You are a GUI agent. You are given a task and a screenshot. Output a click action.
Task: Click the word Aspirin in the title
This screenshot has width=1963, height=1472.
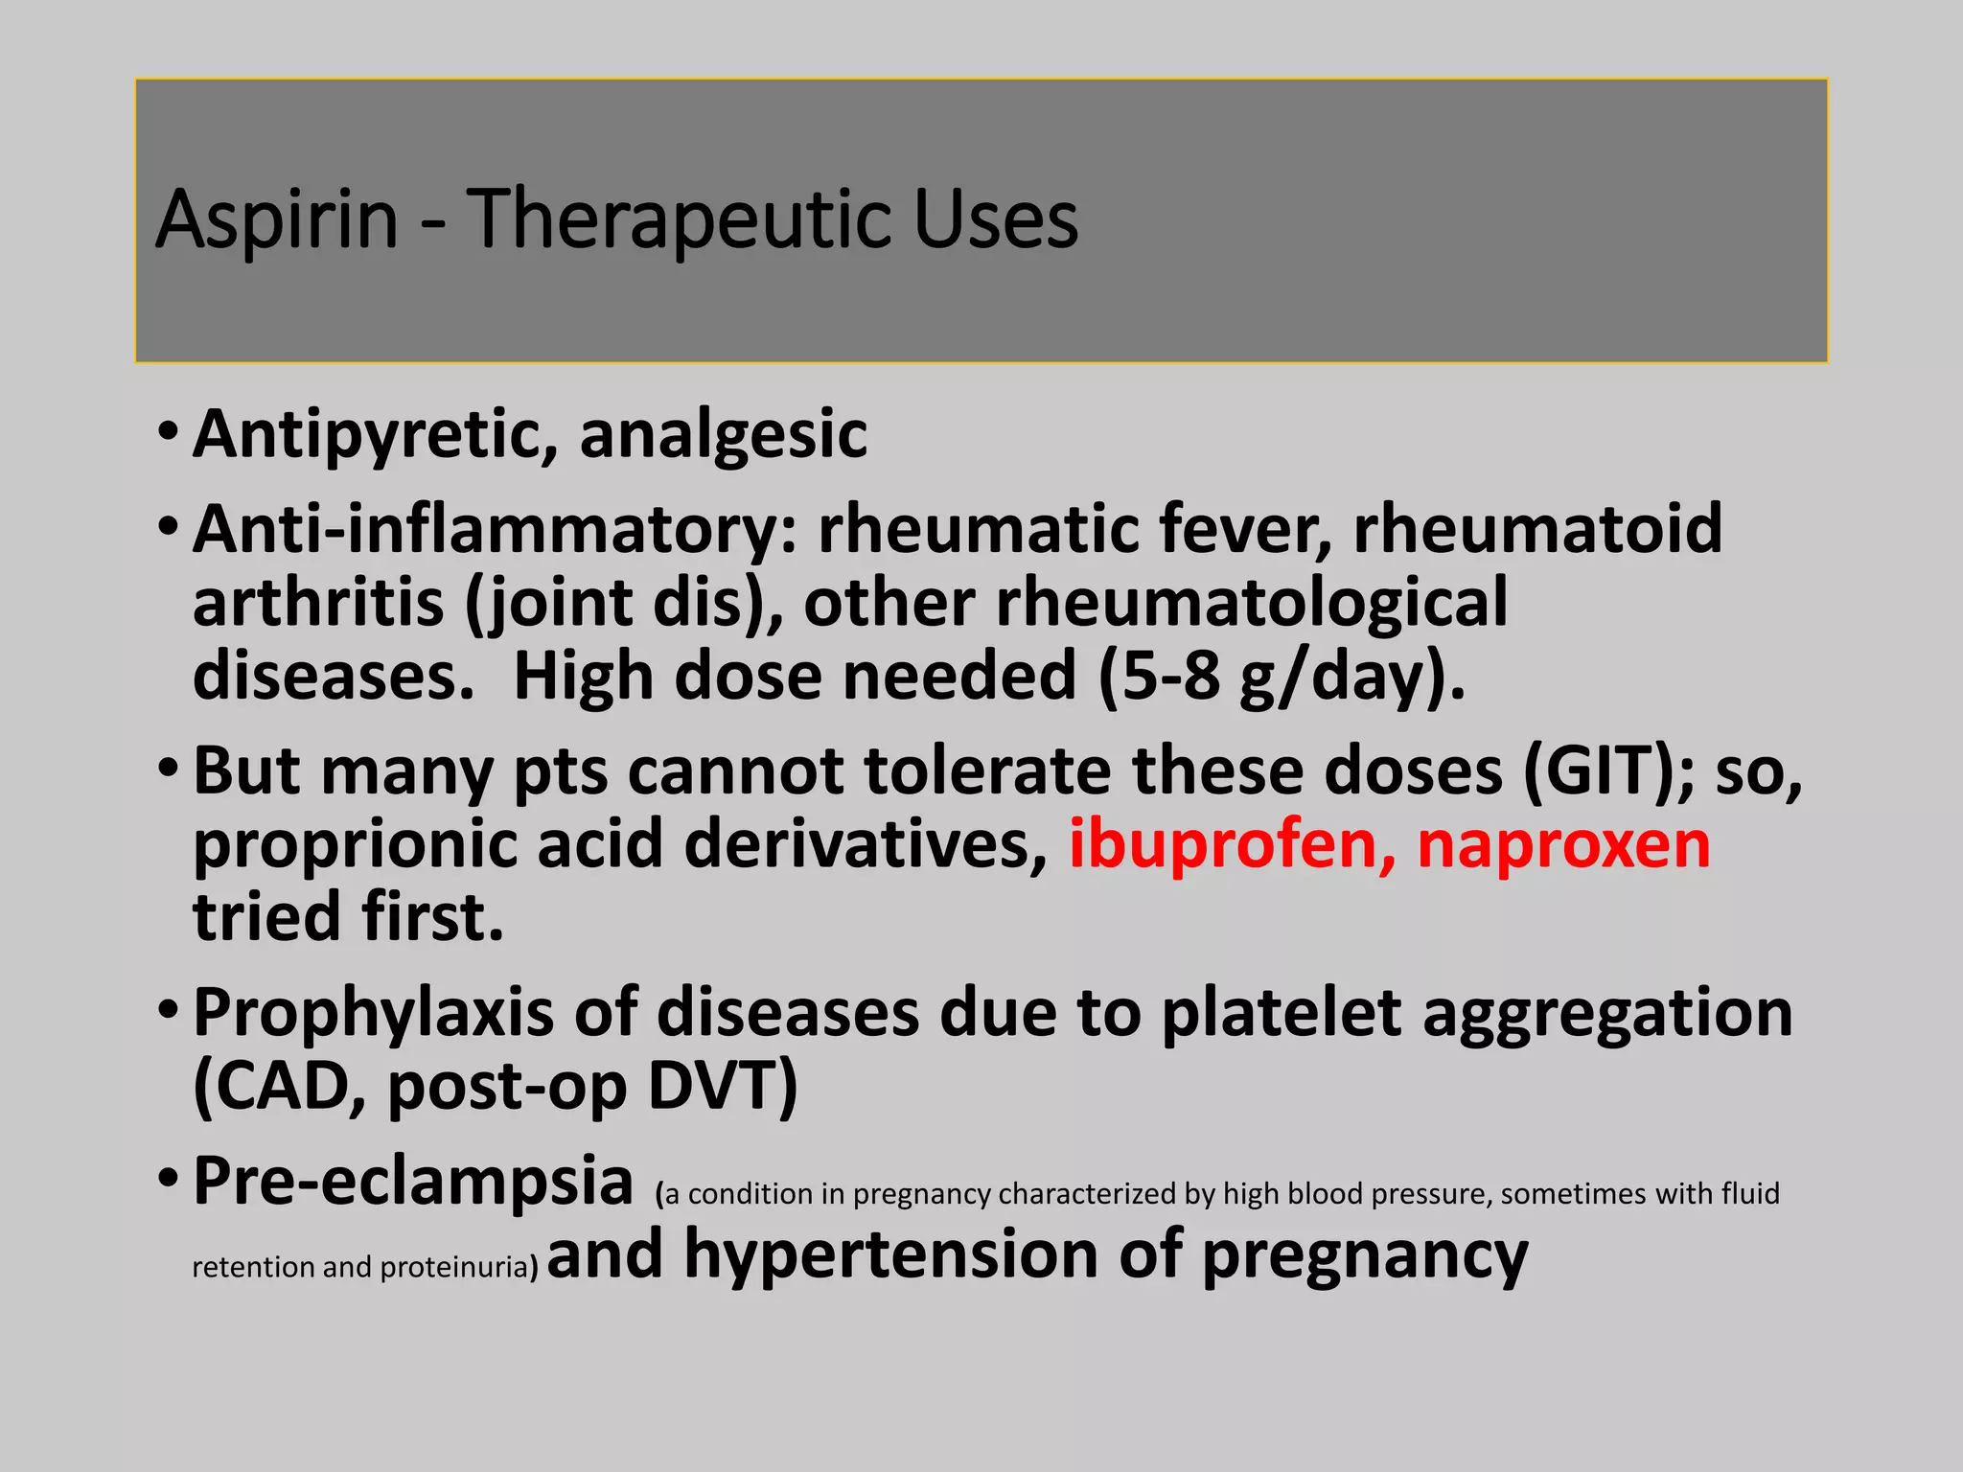point(276,220)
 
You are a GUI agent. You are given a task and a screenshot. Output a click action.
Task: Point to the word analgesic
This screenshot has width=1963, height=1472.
point(724,435)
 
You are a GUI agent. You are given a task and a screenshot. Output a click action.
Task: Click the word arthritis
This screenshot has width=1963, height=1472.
point(318,604)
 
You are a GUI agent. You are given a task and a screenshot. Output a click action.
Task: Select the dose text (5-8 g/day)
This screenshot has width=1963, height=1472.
point(1282,677)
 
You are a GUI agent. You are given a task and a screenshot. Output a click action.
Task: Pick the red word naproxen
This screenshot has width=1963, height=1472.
point(1563,844)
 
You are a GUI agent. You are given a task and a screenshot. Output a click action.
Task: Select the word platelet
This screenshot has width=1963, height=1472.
point(1282,1013)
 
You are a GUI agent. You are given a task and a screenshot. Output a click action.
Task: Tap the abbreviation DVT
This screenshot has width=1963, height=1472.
point(722,1086)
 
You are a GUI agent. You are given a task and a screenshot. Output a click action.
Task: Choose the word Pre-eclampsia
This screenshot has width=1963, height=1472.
point(413,1181)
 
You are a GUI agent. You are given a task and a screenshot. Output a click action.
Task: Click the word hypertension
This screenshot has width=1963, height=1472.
point(890,1254)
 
